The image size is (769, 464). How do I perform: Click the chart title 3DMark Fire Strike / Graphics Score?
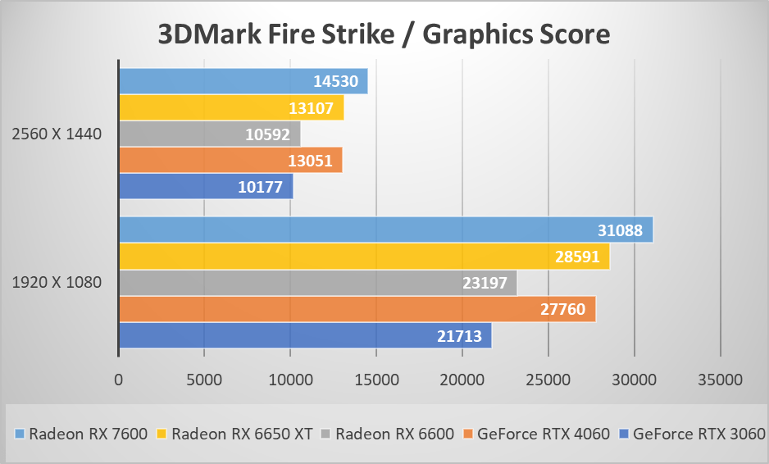coord(384,34)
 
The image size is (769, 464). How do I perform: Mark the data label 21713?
coord(460,335)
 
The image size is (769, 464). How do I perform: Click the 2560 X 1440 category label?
coord(57,134)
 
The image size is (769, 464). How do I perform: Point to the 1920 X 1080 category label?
coord(57,283)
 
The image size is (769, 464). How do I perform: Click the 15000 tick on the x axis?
coord(376,380)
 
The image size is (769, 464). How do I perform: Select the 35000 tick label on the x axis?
coord(720,380)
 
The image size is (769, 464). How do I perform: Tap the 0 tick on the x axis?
coord(119,380)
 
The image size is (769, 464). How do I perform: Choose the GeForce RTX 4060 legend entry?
coord(539,434)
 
